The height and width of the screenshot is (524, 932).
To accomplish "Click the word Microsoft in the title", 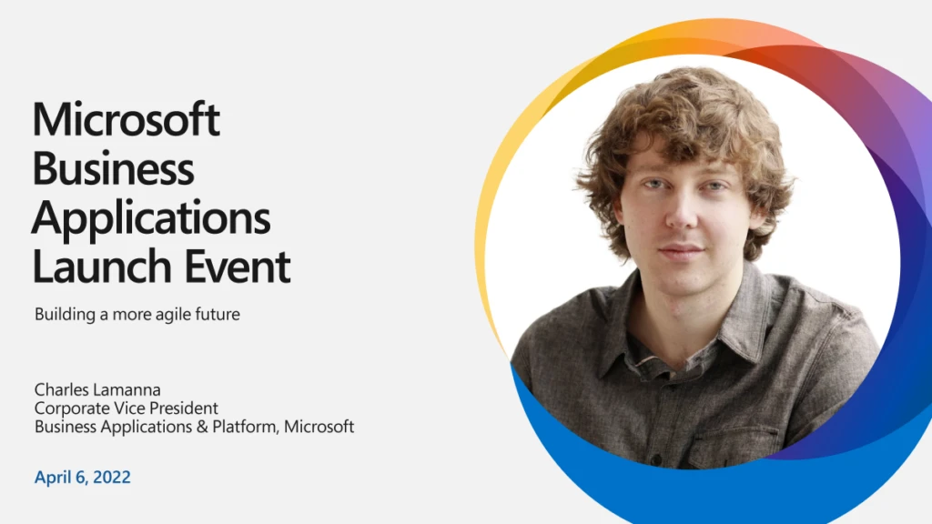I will point(126,119).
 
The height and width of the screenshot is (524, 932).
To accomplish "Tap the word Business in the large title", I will point(113,168).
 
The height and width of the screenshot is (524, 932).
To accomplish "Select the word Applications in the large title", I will point(151,219).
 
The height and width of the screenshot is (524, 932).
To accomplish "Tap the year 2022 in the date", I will point(111,477).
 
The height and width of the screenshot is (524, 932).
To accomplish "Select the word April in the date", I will point(52,477).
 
